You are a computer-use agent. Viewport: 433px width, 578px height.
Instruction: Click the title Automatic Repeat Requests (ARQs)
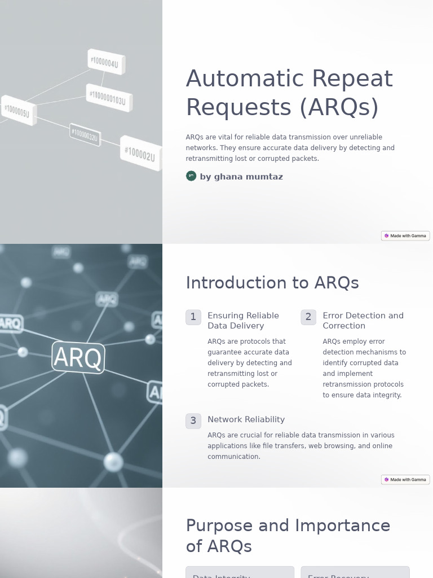click(289, 93)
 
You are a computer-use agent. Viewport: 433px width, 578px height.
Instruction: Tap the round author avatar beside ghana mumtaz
click(191, 176)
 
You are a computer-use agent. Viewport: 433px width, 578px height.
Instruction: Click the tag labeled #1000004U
click(105, 62)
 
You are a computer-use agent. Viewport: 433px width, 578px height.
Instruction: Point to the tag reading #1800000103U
click(109, 98)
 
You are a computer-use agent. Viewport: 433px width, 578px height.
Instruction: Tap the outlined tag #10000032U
click(85, 135)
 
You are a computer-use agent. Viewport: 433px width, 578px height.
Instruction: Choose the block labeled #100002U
click(140, 152)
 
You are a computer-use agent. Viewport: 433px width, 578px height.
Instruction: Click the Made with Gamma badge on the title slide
click(405, 235)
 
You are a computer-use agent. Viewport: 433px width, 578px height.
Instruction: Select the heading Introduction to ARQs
click(272, 283)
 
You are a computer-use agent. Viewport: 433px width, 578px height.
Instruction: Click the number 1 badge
click(193, 317)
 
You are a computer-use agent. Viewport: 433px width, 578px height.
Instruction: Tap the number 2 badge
click(308, 317)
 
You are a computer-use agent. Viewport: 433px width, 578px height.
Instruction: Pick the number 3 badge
click(193, 421)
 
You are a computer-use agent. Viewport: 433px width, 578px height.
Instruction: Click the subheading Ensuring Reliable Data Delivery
click(243, 321)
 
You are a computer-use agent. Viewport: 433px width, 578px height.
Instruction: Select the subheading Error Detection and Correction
click(363, 321)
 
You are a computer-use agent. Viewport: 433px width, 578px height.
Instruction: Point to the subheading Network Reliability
click(246, 419)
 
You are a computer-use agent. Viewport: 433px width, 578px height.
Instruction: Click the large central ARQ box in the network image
click(78, 357)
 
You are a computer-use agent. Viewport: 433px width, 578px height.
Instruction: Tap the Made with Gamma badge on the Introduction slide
click(405, 479)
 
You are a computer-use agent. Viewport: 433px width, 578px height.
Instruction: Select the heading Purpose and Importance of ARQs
click(288, 536)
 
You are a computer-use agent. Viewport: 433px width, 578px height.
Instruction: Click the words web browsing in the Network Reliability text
click(330, 446)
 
